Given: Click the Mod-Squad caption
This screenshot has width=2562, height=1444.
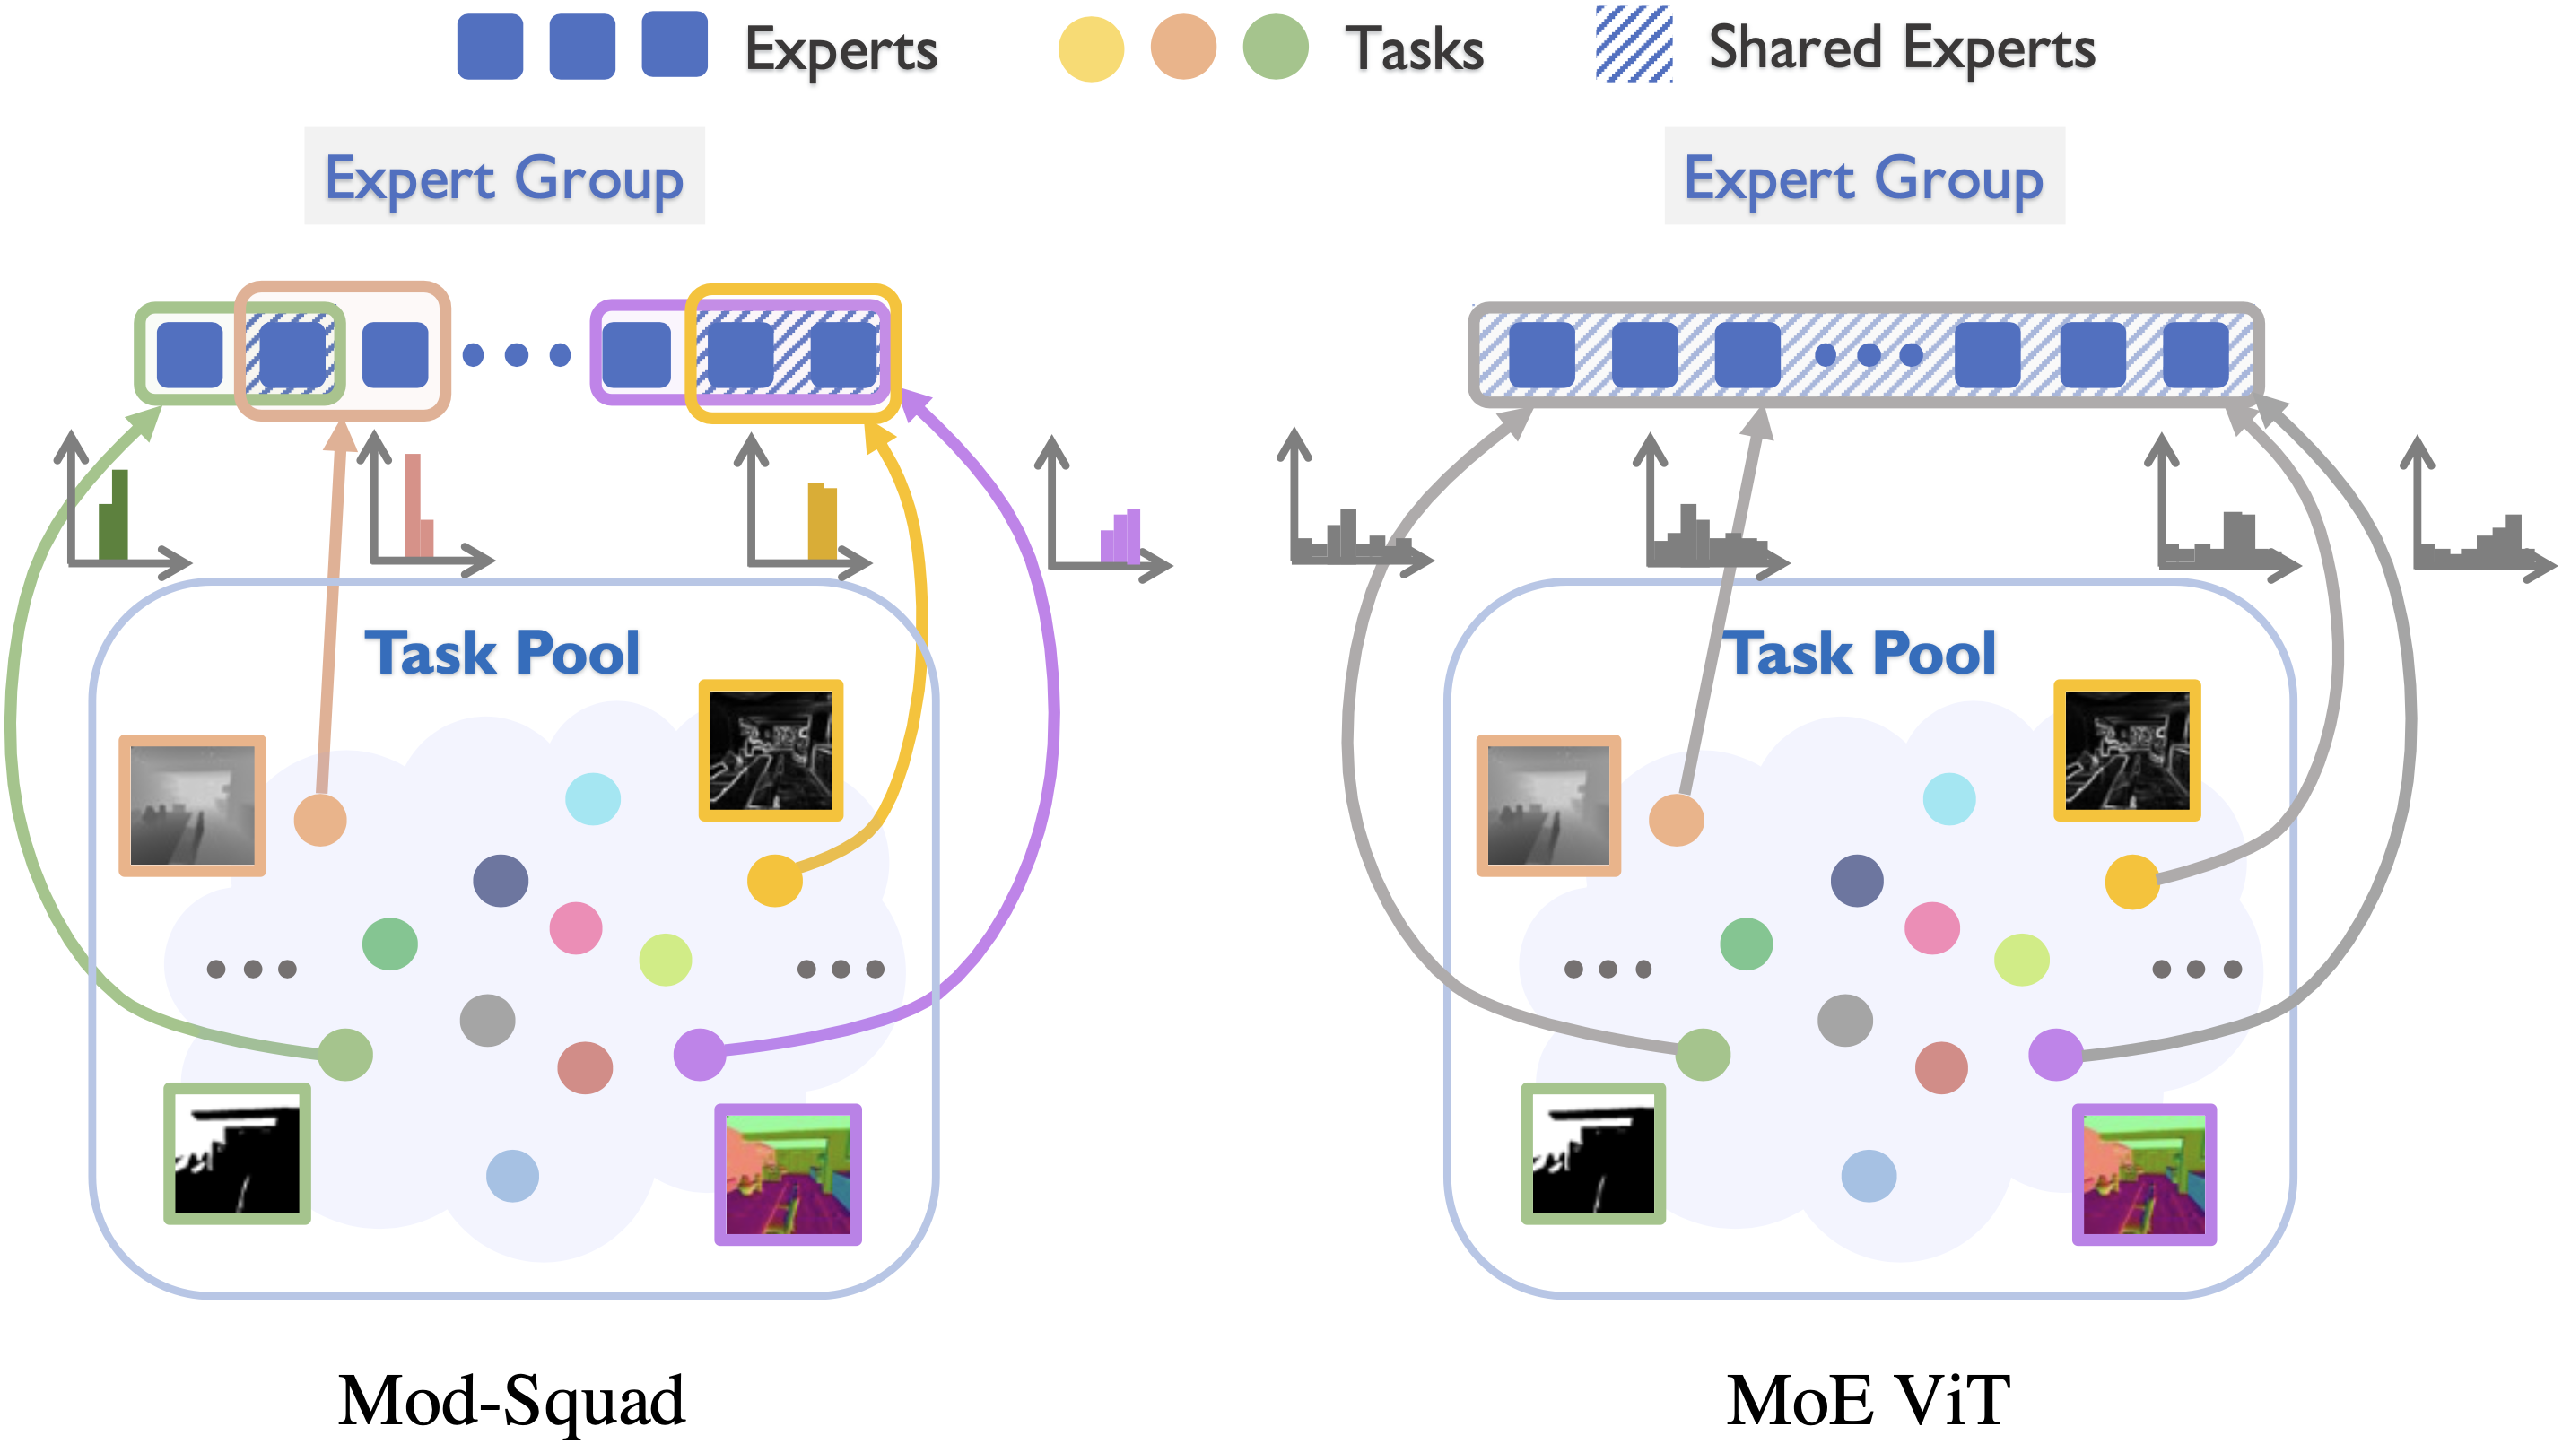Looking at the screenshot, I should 511,1400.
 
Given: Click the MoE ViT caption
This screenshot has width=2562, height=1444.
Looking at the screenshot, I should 1867,1400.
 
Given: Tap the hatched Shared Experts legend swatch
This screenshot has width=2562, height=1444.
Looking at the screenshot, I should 1633,44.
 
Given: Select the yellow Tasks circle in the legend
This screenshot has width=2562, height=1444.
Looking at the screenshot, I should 1090,48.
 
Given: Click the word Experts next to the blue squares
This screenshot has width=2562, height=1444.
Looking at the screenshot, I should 841,49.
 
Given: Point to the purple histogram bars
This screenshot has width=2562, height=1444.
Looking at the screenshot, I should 1121,537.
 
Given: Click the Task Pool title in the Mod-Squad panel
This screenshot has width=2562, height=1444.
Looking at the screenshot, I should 502,653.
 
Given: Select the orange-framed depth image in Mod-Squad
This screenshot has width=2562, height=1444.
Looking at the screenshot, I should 192,805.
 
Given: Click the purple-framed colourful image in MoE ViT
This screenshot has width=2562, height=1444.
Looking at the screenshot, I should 2144,1175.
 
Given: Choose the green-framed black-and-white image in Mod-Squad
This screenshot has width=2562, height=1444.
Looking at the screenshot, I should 237,1153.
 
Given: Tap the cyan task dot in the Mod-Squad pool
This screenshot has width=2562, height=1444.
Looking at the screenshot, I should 593,798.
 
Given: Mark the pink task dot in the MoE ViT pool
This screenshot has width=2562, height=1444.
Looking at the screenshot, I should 1931,928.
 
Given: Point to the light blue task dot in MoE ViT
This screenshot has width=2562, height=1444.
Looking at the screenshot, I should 1868,1176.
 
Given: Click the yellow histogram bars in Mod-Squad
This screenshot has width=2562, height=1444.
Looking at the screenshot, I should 822,522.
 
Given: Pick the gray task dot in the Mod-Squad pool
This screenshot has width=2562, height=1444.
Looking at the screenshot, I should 487,1021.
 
